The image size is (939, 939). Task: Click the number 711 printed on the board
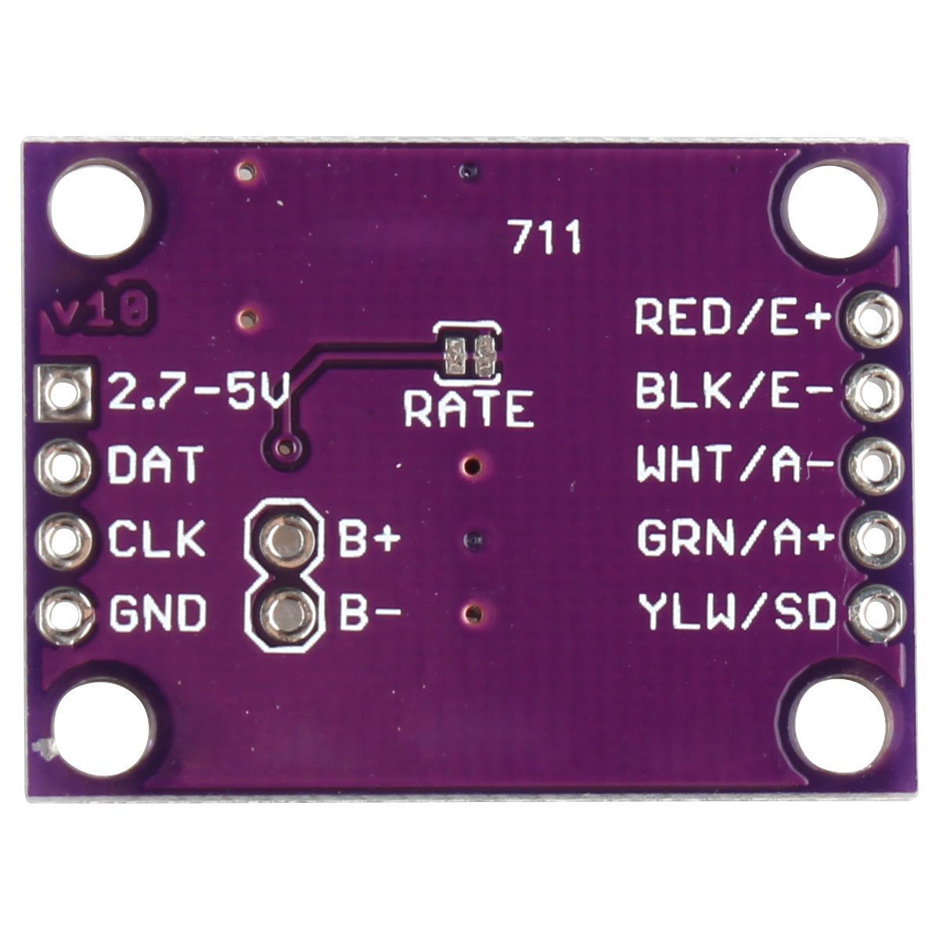coord(546,237)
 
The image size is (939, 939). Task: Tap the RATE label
coord(468,410)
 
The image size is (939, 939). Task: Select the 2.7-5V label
coord(198,390)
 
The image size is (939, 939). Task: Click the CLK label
coord(156,538)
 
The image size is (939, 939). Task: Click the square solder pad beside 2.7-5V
coord(63,393)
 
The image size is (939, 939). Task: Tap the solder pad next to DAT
coord(63,464)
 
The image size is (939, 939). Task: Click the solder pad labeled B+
coord(285,538)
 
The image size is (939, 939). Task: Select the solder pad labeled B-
coord(285,612)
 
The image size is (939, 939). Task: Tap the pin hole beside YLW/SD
coord(876,612)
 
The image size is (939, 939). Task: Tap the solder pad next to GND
coord(64,613)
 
